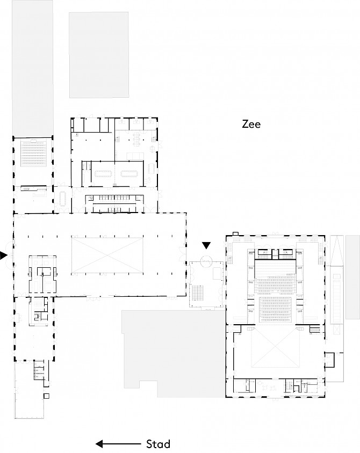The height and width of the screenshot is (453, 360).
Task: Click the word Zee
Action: (251, 124)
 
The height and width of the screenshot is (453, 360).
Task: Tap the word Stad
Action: (158, 444)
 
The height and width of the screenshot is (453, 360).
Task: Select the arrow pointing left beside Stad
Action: (118, 444)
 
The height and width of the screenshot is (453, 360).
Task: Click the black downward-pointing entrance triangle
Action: (206, 245)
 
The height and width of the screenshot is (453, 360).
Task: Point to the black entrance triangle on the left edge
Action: (3, 255)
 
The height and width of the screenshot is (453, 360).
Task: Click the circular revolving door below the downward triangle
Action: (206, 262)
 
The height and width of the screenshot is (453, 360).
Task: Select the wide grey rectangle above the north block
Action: (99, 55)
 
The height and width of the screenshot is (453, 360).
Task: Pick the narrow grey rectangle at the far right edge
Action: (352, 277)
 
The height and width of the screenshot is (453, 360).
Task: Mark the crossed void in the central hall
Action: (107, 255)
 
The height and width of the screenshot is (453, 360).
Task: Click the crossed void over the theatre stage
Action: (275, 348)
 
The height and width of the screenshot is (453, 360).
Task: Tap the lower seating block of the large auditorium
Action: (275, 309)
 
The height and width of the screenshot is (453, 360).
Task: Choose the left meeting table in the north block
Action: (103, 173)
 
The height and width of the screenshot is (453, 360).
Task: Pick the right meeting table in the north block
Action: (129, 173)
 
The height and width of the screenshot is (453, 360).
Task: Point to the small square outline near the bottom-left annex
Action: (46, 396)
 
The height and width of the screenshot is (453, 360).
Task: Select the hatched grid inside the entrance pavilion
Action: (198, 293)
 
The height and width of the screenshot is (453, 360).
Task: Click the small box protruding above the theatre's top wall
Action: (235, 233)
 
